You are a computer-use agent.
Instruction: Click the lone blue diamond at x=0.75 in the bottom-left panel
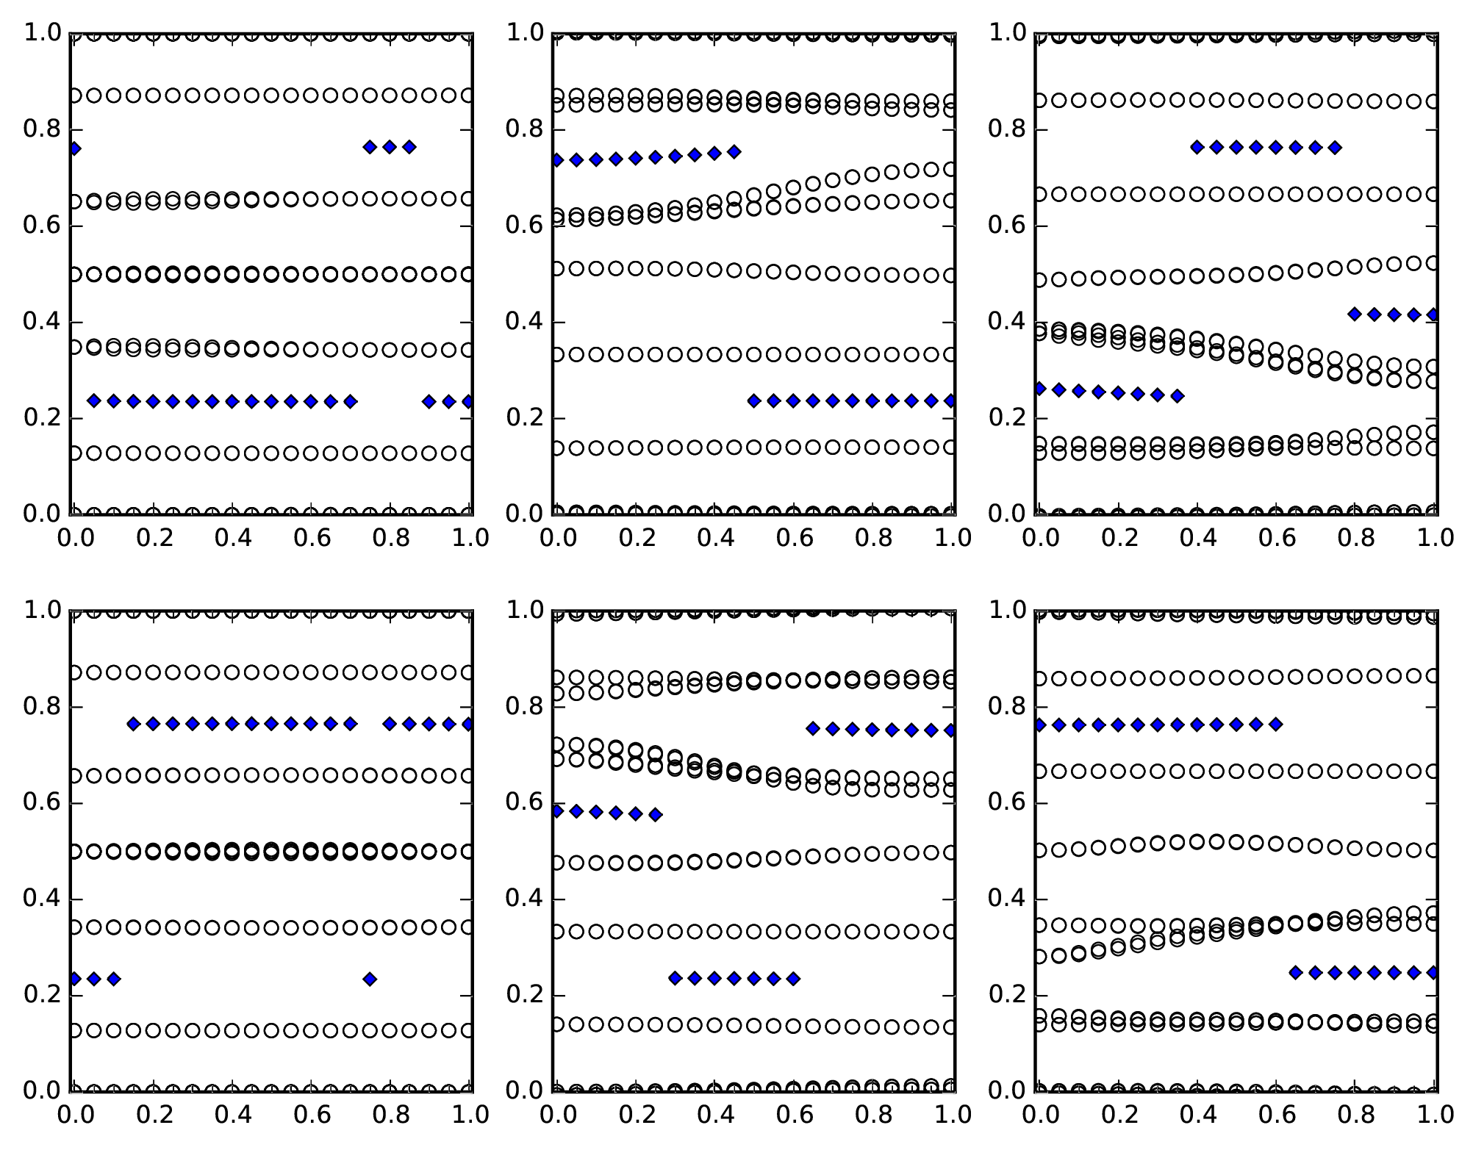coord(370,979)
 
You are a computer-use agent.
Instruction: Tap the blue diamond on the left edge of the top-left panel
coord(73,148)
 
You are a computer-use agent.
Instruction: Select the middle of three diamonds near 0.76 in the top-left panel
coord(390,147)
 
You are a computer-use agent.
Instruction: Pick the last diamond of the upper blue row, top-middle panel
coord(734,152)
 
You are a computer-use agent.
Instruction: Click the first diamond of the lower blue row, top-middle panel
coord(753,400)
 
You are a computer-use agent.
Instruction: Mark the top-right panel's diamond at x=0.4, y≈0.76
coord(1197,148)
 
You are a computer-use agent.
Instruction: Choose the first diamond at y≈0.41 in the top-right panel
coord(1355,315)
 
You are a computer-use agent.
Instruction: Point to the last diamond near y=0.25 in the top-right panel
coord(1177,396)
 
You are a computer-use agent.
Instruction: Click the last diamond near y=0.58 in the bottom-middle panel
coord(655,814)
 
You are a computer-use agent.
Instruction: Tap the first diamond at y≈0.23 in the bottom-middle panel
coord(675,978)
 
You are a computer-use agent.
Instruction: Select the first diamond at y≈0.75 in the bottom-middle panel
coord(813,728)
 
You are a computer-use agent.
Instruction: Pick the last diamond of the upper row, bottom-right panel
coord(1276,725)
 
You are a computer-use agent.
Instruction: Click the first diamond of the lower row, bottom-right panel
coord(1296,973)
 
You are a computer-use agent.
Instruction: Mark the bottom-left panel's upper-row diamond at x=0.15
coord(133,725)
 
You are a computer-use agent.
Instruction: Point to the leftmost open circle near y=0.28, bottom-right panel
coord(1039,957)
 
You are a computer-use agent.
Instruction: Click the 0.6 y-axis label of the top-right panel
coord(1008,226)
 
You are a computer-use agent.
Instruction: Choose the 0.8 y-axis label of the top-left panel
coord(42,130)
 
